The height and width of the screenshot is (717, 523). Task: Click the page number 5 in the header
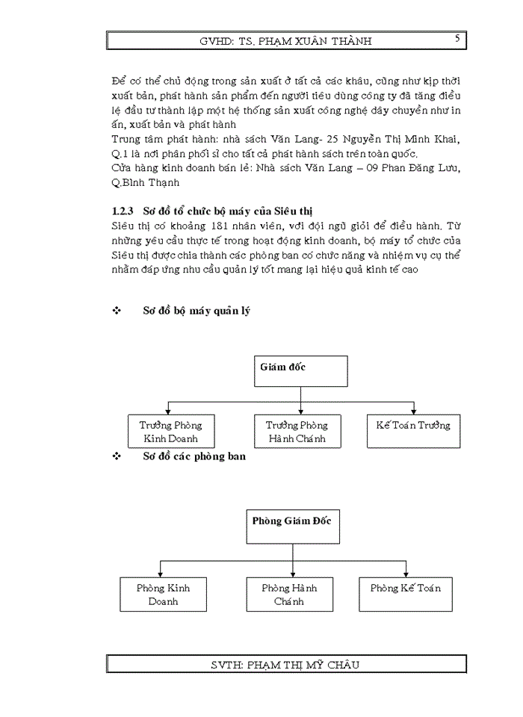click(x=457, y=37)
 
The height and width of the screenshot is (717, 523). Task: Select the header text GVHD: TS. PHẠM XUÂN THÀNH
click(x=285, y=41)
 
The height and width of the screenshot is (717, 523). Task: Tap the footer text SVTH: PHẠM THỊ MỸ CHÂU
click(x=285, y=664)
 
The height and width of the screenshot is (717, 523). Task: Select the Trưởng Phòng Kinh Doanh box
click(x=170, y=432)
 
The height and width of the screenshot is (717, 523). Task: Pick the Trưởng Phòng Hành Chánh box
click(x=297, y=432)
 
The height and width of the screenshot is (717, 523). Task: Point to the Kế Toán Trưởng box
click(x=413, y=432)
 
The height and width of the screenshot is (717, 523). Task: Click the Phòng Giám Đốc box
click(x=292, y=526)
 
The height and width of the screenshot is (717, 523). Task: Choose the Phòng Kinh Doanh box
click(x=163, y=594)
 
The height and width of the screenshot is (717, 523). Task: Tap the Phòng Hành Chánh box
click(x=289, y=594)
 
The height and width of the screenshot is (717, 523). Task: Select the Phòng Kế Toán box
click(x=406, y=594)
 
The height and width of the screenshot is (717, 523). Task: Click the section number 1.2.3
click(x=123, y=210)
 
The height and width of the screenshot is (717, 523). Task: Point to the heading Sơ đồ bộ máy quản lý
click(x=196, y=311)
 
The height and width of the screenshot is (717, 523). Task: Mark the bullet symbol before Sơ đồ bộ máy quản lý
click(x=116, y=311)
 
